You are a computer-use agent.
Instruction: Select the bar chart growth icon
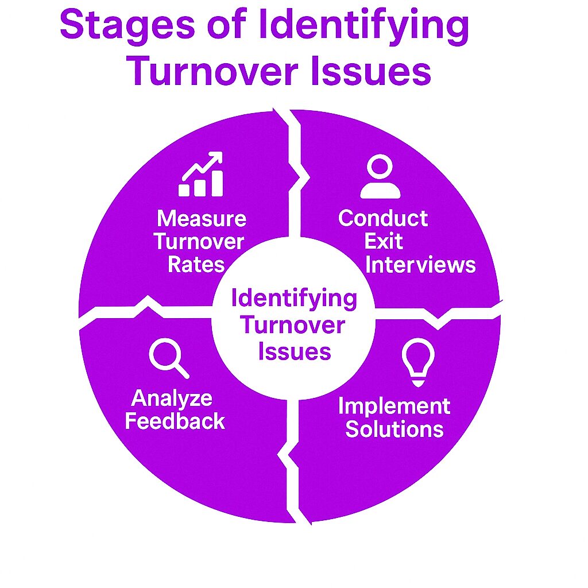click(201, 174)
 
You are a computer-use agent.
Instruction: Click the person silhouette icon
click(380, 176)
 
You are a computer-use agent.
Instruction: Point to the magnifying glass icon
click(169, 358)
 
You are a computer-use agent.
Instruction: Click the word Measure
click(202, 219)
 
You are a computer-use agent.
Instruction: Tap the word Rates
click(196, 264)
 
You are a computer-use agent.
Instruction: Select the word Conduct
click(383, 218)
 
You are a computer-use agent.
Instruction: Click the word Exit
click(383, 241)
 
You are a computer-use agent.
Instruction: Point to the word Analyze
click(172, 399)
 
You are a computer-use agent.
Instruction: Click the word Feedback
click(175, 421)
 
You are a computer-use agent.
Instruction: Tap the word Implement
click(394, 407)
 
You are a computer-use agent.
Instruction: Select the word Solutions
click(394, 429)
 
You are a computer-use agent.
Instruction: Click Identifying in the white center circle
click(294, 299)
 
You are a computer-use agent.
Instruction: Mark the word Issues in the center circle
click(295, 352)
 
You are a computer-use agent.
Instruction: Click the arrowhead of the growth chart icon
click(216, 158)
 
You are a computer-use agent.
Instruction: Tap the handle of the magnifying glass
click(182, 372)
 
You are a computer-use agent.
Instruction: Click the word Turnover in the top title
click(214, 71)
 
